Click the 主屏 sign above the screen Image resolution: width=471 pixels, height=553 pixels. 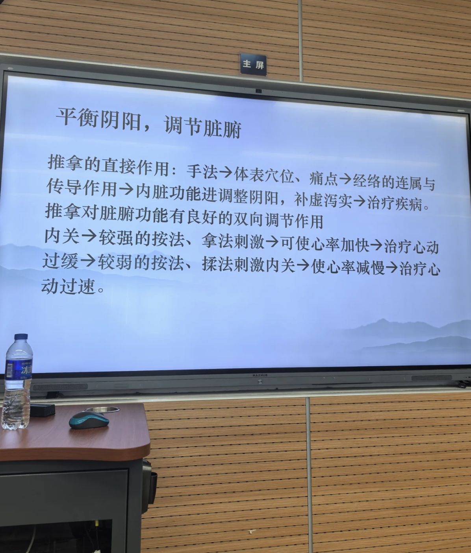[x=253, y=64]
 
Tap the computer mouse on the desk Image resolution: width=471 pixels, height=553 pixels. [x=89, y=420]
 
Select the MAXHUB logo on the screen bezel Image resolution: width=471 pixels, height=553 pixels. [x=260, y=375]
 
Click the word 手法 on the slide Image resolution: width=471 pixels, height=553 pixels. [x=202, y=171]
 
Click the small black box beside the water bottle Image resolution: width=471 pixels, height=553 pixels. [x=43, y=410]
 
